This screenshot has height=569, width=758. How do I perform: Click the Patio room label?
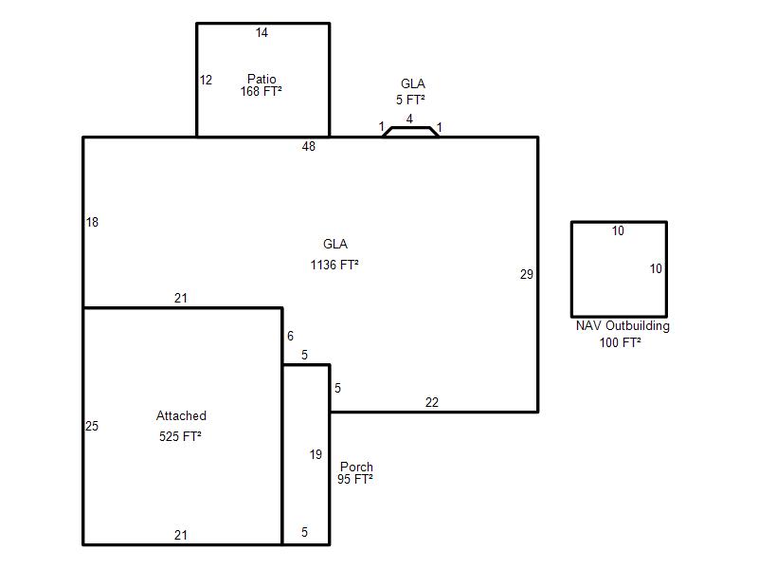pos(262,79)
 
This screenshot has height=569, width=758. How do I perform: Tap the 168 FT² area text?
pos(262,91)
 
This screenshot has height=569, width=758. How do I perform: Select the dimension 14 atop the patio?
pos(262,32)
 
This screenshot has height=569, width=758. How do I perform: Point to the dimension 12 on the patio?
pos(206,80)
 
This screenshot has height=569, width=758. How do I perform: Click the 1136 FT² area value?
pos(334,265)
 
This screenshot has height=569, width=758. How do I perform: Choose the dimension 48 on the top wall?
pos(309,146)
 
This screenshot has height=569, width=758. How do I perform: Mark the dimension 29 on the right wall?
pos(527,274)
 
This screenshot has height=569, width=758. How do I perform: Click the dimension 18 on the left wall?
pos(92,222)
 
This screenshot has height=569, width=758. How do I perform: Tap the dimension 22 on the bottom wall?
pos(432,402)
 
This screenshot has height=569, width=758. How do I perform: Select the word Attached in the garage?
pos(181,415)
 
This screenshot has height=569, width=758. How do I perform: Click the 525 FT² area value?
pos(180,436)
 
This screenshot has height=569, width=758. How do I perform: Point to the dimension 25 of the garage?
pos(91,426)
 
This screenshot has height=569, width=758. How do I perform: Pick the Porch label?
pos(357,467)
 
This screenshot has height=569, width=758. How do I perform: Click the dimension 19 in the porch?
pos(316,454)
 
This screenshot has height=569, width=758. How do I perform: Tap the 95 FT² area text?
pos(354,479)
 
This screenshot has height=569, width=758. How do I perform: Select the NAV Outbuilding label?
pos(623,325)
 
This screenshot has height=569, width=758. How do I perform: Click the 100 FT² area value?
pos(621,342)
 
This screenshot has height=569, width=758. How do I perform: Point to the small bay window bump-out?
pos(411,132)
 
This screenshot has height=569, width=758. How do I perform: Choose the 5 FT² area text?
pos(410,100)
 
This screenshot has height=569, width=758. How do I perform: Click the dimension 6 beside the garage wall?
pos(290,336)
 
